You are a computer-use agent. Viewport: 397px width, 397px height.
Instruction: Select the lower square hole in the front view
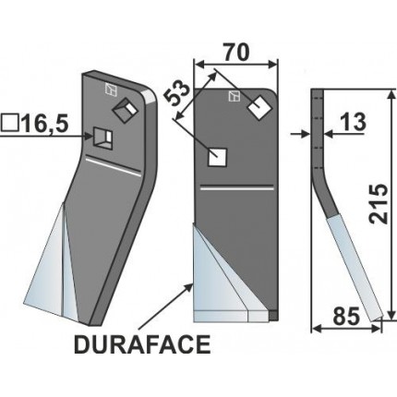218,156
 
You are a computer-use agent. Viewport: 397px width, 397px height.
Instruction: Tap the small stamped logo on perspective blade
110,90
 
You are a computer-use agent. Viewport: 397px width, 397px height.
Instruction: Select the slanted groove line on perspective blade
110,162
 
